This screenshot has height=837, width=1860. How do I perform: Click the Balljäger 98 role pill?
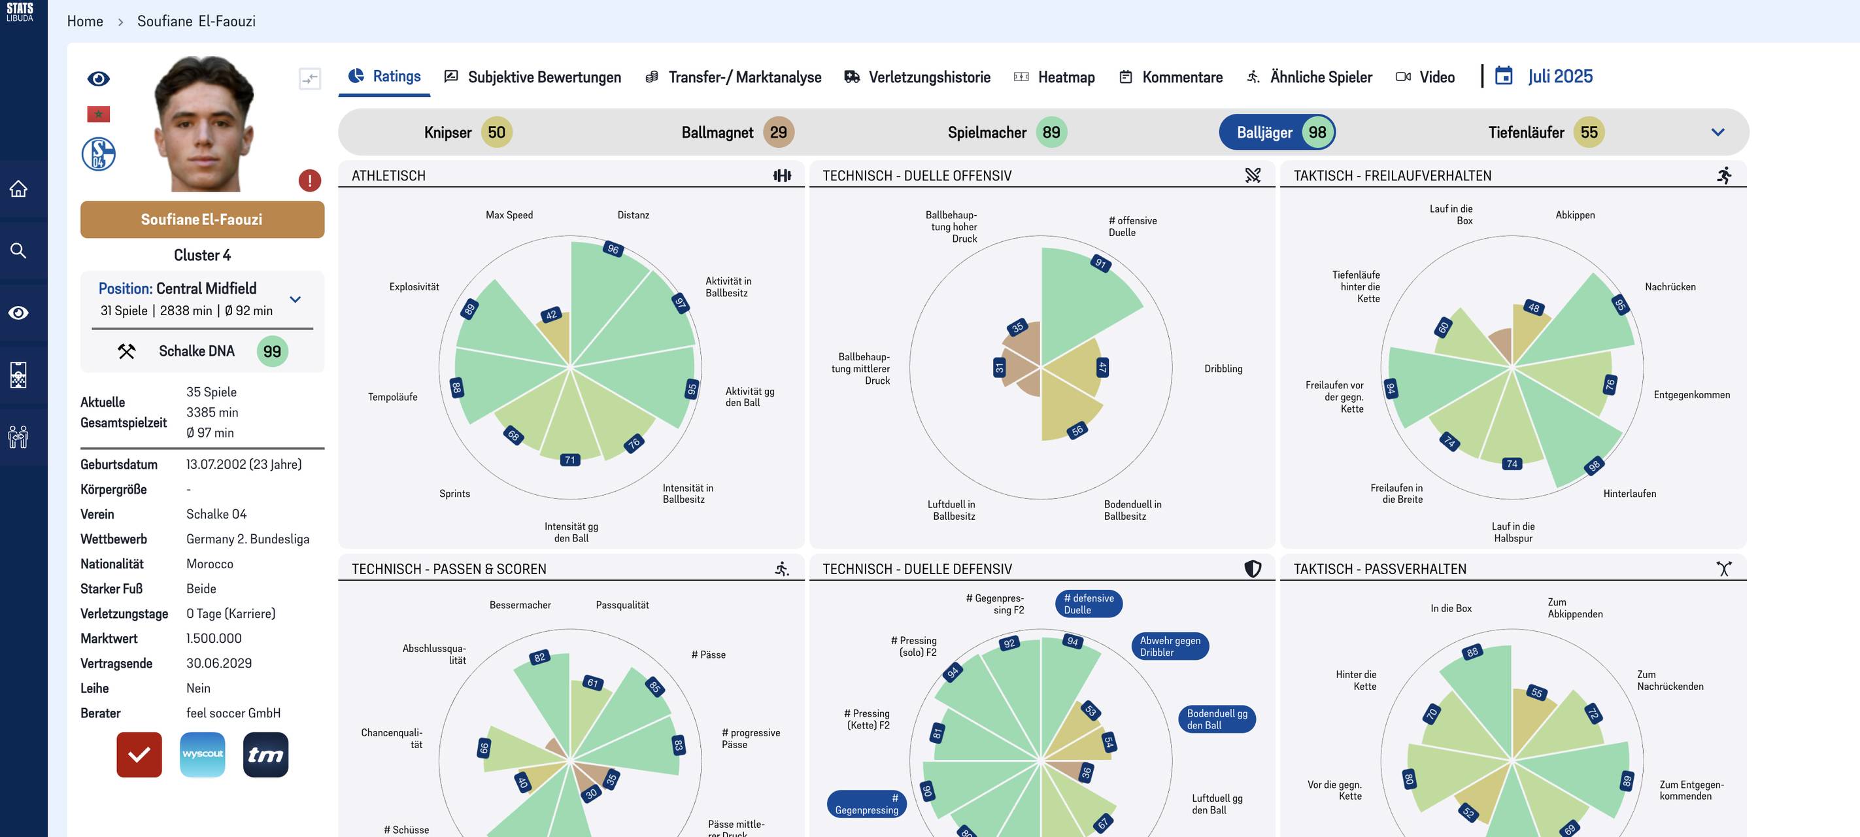(1277, 132)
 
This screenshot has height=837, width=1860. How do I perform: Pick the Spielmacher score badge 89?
(1051, 132)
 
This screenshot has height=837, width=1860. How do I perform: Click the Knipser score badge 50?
(497, 132)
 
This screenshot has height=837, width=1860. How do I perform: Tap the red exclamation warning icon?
(310, 180)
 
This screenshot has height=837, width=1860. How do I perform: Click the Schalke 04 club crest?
(99, 154)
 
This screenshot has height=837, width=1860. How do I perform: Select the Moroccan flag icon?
(98, 114)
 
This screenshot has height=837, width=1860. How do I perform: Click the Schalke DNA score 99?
(272, 352)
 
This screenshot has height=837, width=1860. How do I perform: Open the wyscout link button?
(202, 755)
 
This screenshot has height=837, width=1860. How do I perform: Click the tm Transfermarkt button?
(265, 755)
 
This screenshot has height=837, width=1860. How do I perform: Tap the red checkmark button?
(139, 755)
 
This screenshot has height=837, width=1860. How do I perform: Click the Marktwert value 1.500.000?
(214, 638)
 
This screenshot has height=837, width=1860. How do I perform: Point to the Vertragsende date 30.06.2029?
(219, 663)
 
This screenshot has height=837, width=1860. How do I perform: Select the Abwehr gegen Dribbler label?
(1170, 646)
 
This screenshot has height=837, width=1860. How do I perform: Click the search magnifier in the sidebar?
(19, 250)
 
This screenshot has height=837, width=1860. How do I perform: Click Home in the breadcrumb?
(85, 22)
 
